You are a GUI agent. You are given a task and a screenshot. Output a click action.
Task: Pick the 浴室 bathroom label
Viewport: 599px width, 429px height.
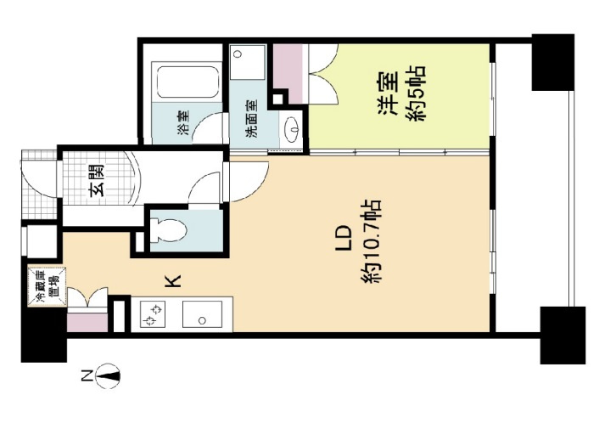[x=183, y=124]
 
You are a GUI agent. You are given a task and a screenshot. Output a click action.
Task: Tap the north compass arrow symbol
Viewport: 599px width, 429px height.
[x=110, y=374]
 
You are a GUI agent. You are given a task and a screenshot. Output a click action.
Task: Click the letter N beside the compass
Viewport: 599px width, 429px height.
[x=86, y=374]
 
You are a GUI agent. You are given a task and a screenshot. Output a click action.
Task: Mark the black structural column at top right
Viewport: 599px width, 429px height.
[x=555, y=61]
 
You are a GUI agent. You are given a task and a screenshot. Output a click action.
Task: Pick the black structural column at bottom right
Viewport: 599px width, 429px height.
[x=562, y=333]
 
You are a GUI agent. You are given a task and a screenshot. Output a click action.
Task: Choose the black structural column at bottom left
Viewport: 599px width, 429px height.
[x=42, y=338]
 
